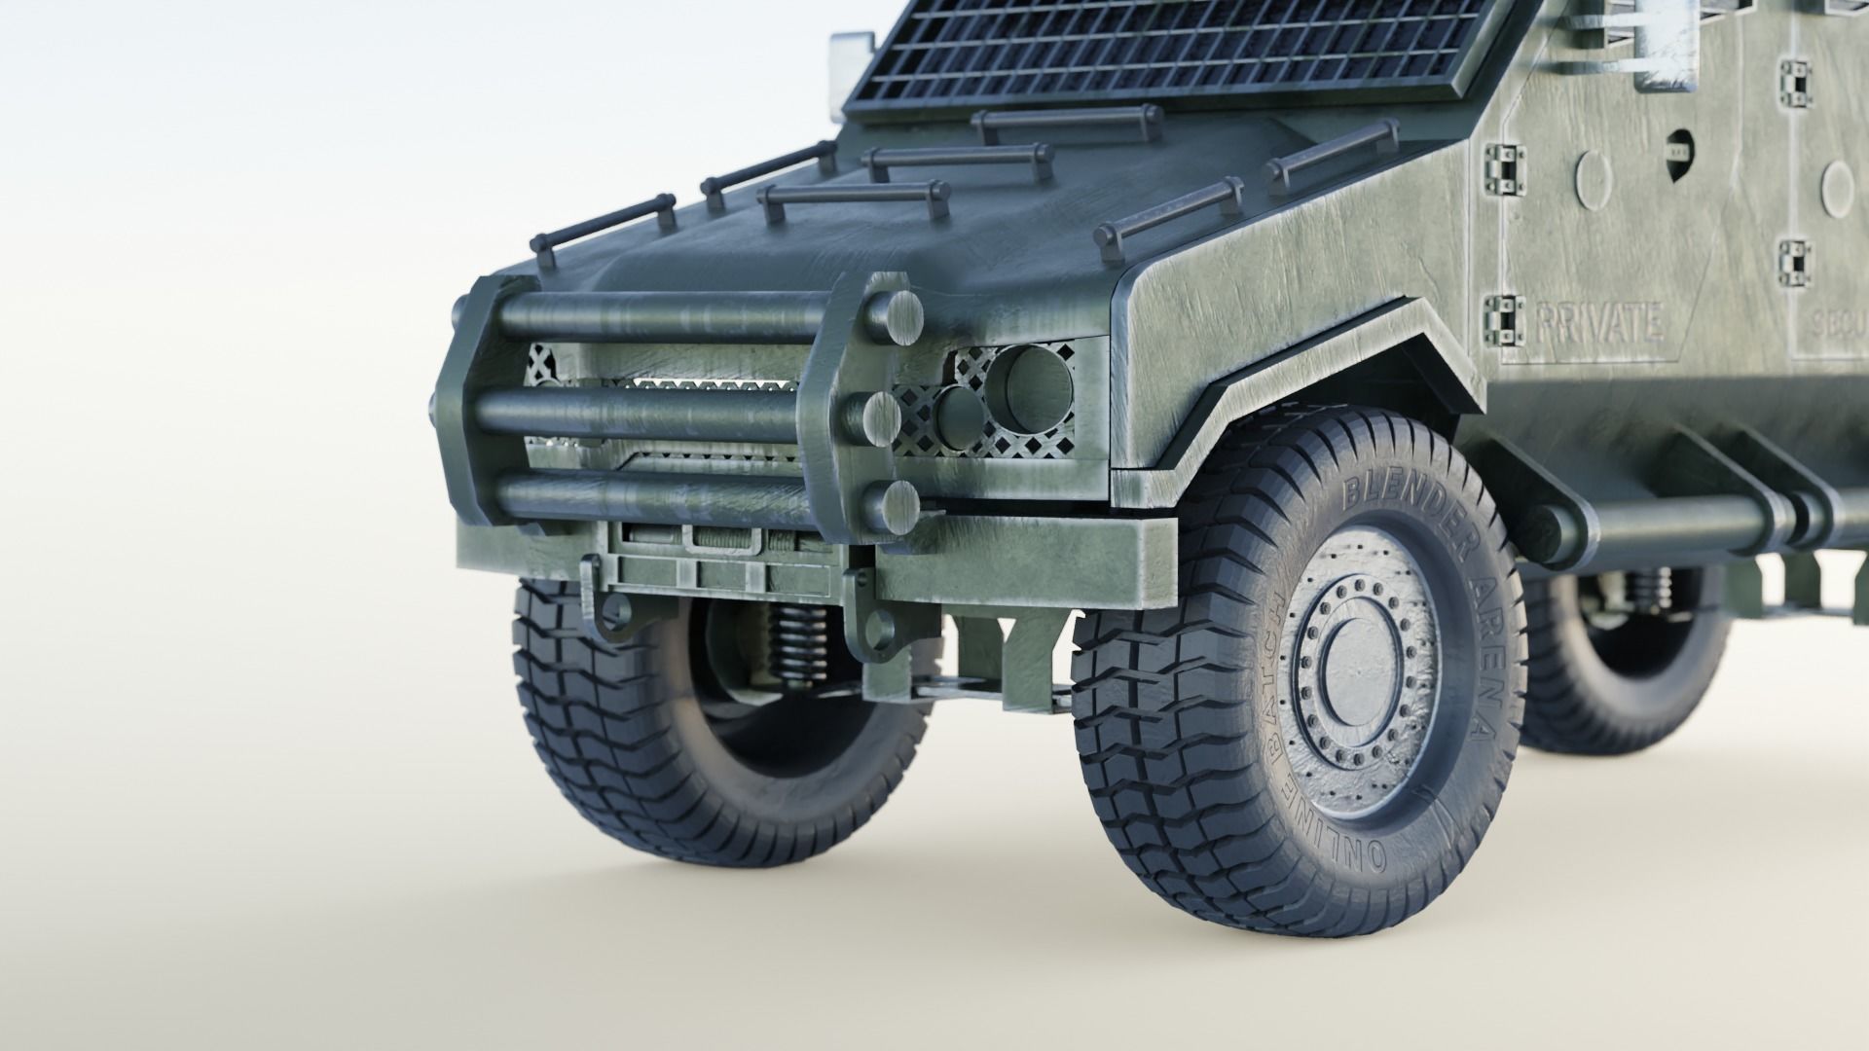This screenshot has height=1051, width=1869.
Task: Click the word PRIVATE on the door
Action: pos(1598,323)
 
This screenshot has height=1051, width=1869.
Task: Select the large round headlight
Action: pos(1028,389)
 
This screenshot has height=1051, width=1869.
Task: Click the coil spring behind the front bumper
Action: pos(789,642)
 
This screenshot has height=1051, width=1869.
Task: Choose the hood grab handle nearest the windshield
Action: pos(1067,122)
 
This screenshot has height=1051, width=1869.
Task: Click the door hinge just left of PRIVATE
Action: pos(1503,318)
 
